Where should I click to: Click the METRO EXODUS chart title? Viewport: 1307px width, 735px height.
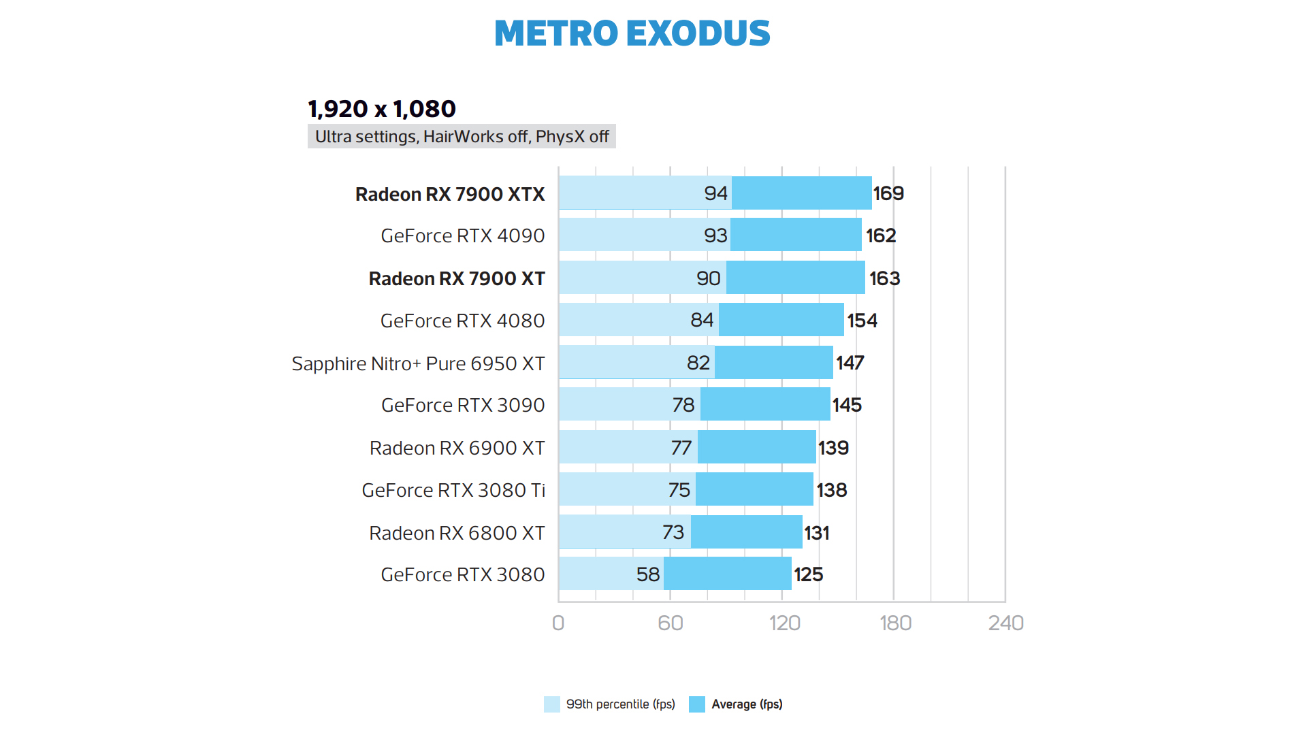[x=632, y=33]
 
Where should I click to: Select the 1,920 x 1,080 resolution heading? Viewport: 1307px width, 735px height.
[x=381, y=109]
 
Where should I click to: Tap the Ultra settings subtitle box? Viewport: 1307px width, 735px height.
[x=462, y=137]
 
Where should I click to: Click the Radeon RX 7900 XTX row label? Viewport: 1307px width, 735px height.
[x=450, y=194]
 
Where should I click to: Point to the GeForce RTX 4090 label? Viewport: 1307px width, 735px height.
[x=462, y=235]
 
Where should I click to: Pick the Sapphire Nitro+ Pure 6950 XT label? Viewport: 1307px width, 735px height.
[x=418, y=363]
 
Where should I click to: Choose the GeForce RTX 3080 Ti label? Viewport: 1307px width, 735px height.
[x=453, y=490]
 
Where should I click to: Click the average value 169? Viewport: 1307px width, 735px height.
[x=888, y=193]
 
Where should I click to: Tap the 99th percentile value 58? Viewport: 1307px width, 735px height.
[x=648, y=574]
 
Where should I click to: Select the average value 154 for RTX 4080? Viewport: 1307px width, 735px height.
[x=862, y=321]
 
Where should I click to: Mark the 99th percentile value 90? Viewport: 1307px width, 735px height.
[x=708, y=278]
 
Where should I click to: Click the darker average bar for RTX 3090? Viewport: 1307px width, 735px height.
[x=765, y=404]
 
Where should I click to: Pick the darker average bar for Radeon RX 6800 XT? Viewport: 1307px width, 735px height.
[x=746, y=532]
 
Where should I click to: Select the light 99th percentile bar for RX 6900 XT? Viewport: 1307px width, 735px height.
[x=613, y=447]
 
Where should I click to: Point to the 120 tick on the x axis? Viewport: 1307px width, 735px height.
[x=784, y=623]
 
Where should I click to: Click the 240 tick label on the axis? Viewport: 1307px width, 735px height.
[x=1005, y=623]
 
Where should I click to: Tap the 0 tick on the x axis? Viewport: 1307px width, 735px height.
[x=558, y=623]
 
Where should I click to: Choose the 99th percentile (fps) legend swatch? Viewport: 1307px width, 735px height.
[x=552, y=704]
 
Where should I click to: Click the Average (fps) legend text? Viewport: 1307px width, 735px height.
[x=747, y=704]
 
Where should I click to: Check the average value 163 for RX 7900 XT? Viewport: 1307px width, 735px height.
[x=884, y=278]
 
